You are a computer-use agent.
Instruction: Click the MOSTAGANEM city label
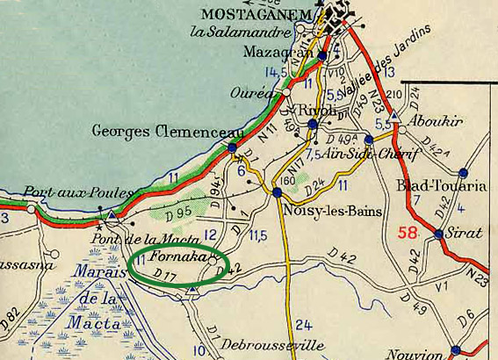[258, 14]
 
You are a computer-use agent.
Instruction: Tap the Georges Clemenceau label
[155, 131]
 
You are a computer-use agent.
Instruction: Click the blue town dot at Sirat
[438, 234]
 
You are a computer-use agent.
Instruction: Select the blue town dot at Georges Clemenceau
[232, 148]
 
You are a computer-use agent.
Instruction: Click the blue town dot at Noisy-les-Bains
[278, 192]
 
